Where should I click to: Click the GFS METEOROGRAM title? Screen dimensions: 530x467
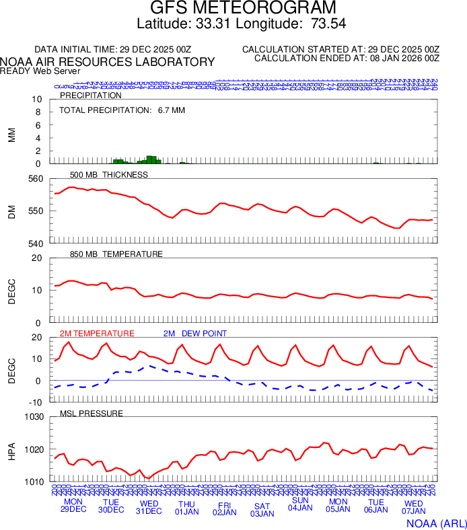[x=233, y=9]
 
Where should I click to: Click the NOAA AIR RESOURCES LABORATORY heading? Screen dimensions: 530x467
[x=108, y=62]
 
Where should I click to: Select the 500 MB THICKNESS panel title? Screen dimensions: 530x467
[x=109, y=175]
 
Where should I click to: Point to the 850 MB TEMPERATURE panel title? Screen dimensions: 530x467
[x=116, y=254]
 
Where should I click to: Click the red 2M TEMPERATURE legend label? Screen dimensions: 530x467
[x=97, y=334]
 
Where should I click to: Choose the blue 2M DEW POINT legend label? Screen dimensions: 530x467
[x=195, y=334]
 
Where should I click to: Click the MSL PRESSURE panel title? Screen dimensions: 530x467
[x=92, y=413]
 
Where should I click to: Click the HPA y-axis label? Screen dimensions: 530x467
[x=11, y=449]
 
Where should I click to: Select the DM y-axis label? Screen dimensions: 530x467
[x=11, y=211]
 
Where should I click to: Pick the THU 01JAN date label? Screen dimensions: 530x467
[x=187, y=508]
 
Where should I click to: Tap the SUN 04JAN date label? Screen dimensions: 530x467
[x=300, y=504]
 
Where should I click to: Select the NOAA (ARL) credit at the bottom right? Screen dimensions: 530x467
[x=435, y=523]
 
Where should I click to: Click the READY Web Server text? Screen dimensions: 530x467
[x=40, y=71]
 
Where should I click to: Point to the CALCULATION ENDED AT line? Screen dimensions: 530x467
[x=347, y=59]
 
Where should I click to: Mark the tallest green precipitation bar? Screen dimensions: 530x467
[x=151, y=159]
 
